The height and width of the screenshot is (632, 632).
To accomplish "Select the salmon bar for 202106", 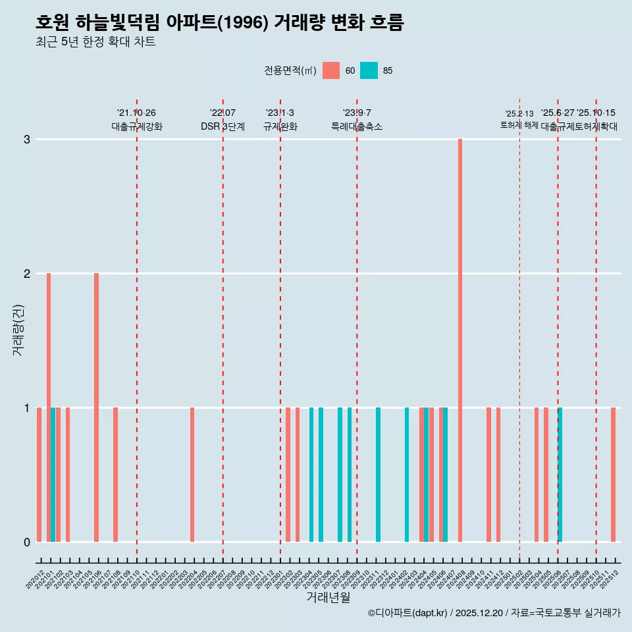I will point(96,408).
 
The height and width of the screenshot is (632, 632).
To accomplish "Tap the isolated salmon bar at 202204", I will point(192,475).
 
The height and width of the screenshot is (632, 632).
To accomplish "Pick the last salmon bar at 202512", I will point(613,475).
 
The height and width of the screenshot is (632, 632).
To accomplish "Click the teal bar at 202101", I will point(53,475).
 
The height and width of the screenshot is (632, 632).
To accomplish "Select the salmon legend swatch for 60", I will point(331,70).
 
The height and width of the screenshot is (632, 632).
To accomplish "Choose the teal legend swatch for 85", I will point(369,70).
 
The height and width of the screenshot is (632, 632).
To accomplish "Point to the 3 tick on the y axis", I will point(27,140).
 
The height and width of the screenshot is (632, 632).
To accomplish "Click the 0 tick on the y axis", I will point(27,542).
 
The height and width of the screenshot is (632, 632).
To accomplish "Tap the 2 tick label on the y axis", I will point(27,274).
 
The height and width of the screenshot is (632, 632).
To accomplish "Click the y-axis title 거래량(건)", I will point(18,329).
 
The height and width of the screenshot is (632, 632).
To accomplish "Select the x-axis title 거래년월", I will point(328,597).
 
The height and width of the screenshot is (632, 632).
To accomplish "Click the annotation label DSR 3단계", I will point(223,126).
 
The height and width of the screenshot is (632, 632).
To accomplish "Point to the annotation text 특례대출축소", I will point(356,126).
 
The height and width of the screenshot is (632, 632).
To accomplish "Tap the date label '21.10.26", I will point(136,113).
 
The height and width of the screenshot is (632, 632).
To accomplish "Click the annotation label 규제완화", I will point(280,126).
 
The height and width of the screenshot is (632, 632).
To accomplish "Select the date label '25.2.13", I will point(519,114).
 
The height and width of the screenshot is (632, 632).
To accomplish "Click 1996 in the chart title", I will point(240,22).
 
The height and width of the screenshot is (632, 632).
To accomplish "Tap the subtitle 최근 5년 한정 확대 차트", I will point(95,42).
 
